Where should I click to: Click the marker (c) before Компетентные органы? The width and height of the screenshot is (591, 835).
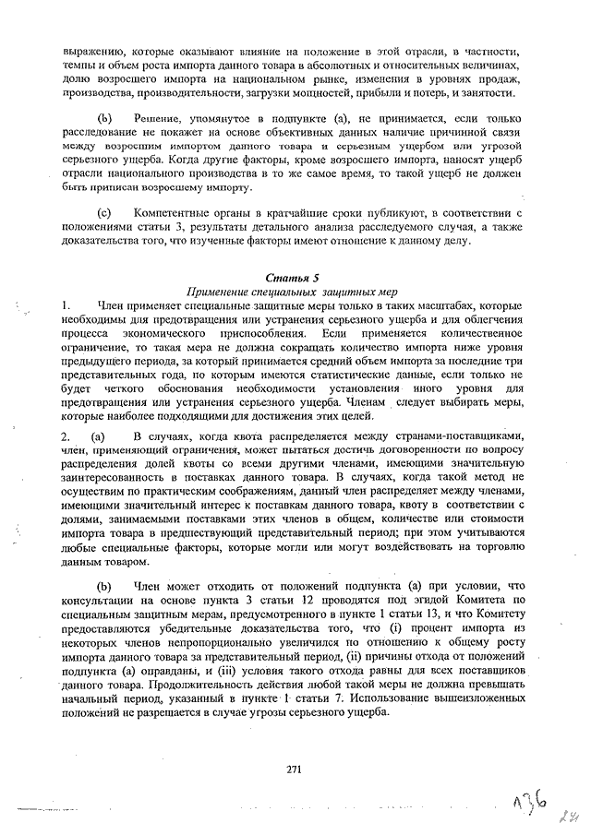click(105, 213)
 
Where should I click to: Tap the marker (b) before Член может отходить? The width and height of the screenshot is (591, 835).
click(105, 585)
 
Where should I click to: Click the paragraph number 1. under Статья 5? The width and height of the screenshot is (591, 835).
click(66, 304)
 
